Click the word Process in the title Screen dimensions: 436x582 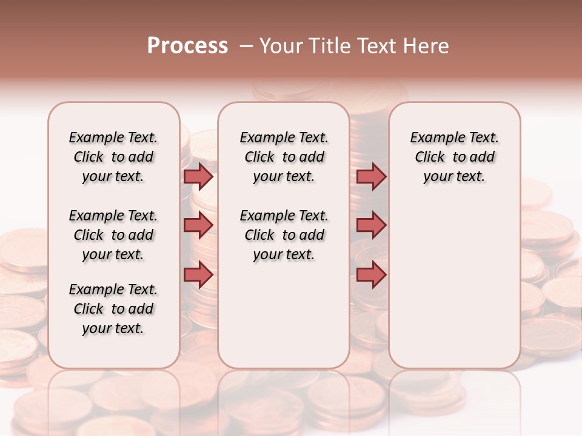pyautogui.click(x=187, y=46)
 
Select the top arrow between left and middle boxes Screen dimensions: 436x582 pyautogui.click(x=198, y=176)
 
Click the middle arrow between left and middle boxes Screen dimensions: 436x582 pyautogui.click(x=198, y=225)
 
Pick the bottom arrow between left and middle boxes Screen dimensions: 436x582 pyautogui.click(x=198, y=274)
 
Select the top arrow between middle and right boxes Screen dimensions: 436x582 pyautogui.click(x=371, y=176)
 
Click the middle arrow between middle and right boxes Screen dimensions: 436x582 pyautogui.click(x=371, y=225)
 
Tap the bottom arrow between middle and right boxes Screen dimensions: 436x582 pyautogui.click(x=371, y=274)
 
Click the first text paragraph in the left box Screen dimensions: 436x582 pyautogui.click(x=113, y=157)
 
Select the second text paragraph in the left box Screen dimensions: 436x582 pyautogui.click(x=113, y=235)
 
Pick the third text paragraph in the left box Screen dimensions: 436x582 pyautogui.click(x=113, y=309)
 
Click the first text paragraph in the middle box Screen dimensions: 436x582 pyautogui.click(x=284, y=157)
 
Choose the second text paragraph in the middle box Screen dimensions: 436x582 pyautogui.click(x=284, y=235)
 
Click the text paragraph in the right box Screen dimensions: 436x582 pyautogui.click(x=454, y=157)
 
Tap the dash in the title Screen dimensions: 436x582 pyautogui.click(x=246, y=46)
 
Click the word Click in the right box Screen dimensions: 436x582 pyautogui.click(x=430, y=157)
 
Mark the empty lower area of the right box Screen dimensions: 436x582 pyautogui.click(x=454, y=285)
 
